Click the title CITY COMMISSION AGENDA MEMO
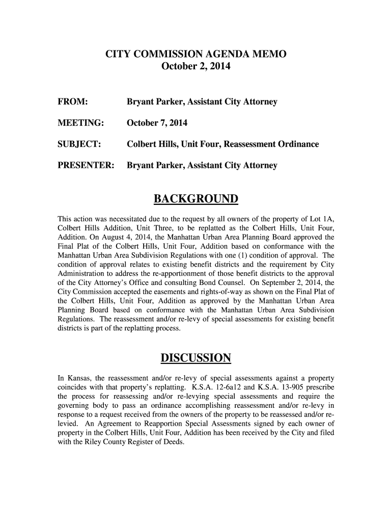(x=195, y=54)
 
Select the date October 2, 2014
(x=195, y=66)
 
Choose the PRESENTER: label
(x=86, y=165)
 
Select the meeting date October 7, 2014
(x=157, y=123)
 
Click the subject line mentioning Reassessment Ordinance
(x=222, y=144)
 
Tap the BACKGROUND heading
(x=196, y=198)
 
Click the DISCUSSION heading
(x=196, y=359)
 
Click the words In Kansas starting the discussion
(x=73, y=379)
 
